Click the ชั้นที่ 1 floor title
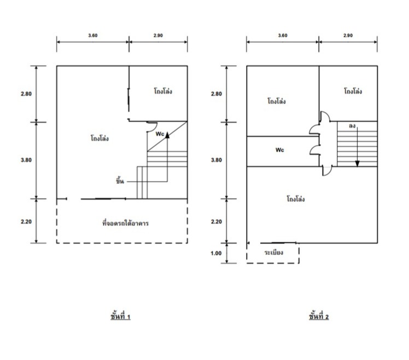point(120,316)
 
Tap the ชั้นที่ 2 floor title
point(319,316)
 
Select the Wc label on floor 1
point(160,134)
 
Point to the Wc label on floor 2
point(279,150)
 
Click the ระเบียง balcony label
point(273,252)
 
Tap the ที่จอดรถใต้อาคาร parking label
point(125,223)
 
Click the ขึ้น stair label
point(120,181)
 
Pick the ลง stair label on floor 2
point(352,126)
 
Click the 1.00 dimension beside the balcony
point(216,253)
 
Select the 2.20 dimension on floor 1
point(26,222)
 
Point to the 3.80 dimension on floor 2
point(216,160)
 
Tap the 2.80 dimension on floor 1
point(26,94)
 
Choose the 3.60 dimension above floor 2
point(283,36)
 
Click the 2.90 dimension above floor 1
point(158,36)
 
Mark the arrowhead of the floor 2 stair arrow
point(358,164)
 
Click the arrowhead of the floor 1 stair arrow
point(167,135)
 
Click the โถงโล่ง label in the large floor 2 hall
point(295,199)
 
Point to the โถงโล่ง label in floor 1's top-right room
point(163,91)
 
